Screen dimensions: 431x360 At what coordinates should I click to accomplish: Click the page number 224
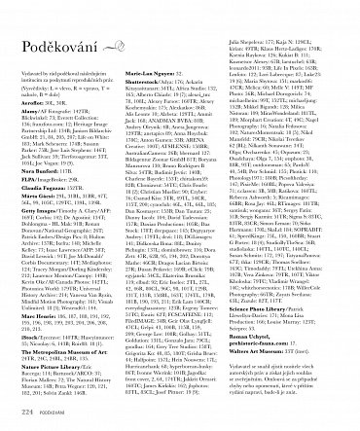coord(26,413)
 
